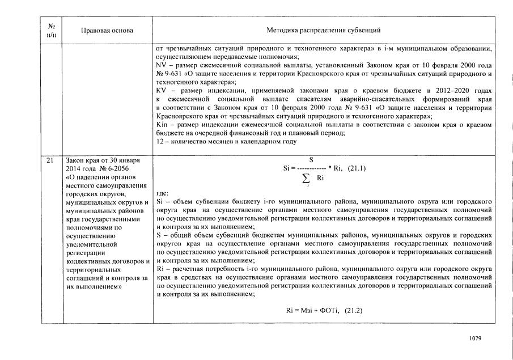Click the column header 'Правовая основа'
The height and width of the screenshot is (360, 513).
(x=99, y=30)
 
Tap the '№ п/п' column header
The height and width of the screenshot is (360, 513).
(x=52, y=31)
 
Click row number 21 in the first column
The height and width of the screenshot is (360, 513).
(x=51, y=161)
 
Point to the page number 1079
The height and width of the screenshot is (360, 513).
(x=475, y=338)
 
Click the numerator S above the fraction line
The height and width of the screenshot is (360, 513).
(x=311, y=160)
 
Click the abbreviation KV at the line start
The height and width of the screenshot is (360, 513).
(x=160, y=90)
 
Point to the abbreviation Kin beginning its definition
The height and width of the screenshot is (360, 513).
(x=161, y=125)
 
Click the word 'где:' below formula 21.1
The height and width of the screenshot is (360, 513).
(x=161, y=193)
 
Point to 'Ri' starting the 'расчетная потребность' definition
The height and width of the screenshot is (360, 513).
(x=159, y=270)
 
